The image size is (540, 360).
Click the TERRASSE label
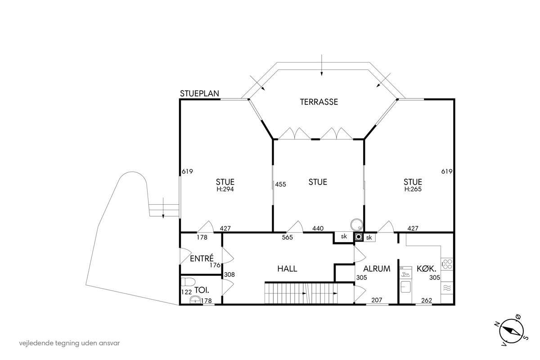319,102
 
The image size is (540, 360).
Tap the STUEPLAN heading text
199,94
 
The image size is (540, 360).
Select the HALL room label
287,269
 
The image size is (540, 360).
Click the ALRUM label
377,269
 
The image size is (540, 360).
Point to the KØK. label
427,269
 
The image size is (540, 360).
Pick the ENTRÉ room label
202,258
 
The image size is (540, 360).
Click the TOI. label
202,290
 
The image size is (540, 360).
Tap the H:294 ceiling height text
225,189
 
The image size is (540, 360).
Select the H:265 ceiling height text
413,189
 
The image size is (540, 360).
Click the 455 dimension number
281,184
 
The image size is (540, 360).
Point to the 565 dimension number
288,237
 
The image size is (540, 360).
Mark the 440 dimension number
318,228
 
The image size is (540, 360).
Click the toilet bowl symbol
188,282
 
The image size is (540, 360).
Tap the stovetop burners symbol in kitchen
447,264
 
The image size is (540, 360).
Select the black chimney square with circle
359,237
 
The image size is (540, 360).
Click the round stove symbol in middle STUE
356,225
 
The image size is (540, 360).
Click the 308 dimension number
229,274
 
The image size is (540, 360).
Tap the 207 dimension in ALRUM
377,300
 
